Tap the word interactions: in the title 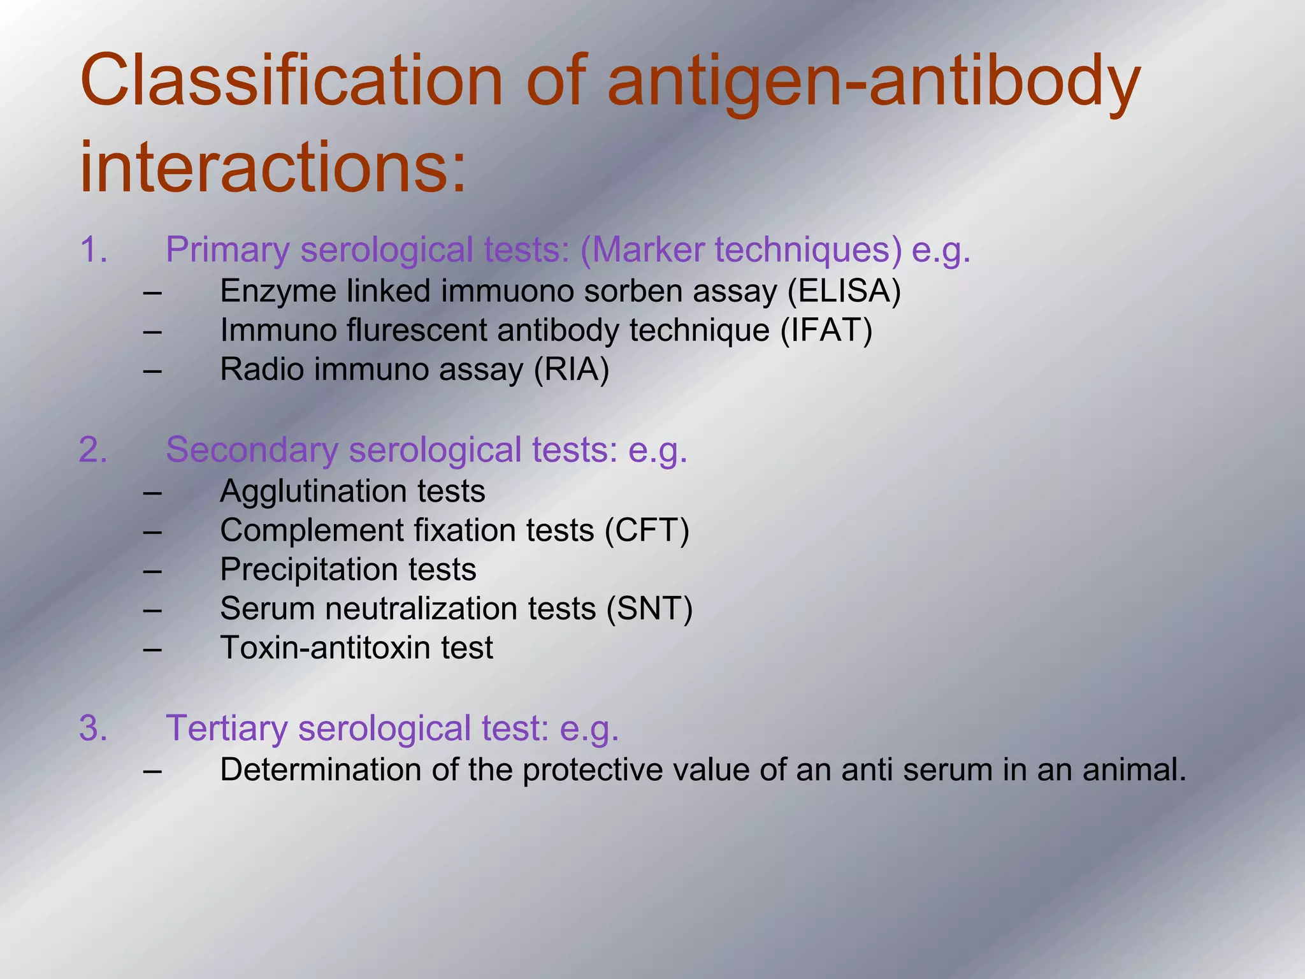pyautogui.click(x=273, y=167)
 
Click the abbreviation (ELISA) pyautogui.click(x=844, y=291)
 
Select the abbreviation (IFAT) pyautogui.click(x=826, y=330)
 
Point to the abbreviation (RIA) pyautogui.click(x=571, y=370)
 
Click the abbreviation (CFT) pyautogui.click(x=647, y=530)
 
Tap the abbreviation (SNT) pyautogui.click(x=649, y=609)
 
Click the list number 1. pyautogui.click(x=93, y=250)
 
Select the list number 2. pyautogui.click(x=93, y=450)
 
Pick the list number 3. pyautogui.click(x=93, y=728)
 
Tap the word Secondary pyautogui.click(x=252, y=450)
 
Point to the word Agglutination pyautogui.click(x=313, y=491)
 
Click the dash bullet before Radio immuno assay pyautogui.click(x=152, y=370)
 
